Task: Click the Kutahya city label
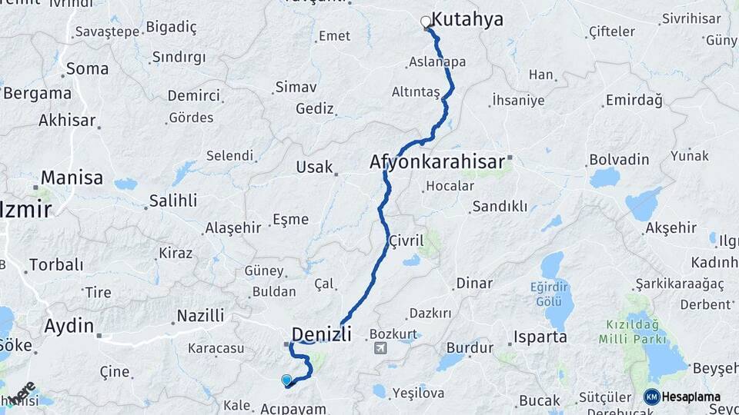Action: [x=467, y=19]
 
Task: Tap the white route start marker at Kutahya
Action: [x=426, y=22]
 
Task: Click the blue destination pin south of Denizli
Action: [x=286, y=379]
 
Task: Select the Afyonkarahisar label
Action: [x=436, y=162]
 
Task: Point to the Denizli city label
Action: [x=321, y=334]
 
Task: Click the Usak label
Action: [x=315, y=167]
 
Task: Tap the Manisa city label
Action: [x=72, y=178]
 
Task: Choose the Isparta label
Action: [x=542, y=337]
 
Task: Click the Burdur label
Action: [x=470, y=348]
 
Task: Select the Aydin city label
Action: [x=69, y=325]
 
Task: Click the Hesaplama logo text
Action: [x=691, y=397]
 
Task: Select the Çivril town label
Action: [x=406, y=241]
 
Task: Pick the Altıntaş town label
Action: [x=416, y=92]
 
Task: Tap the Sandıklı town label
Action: [x=500, y=206]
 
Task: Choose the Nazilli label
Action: [x=200, y=315]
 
